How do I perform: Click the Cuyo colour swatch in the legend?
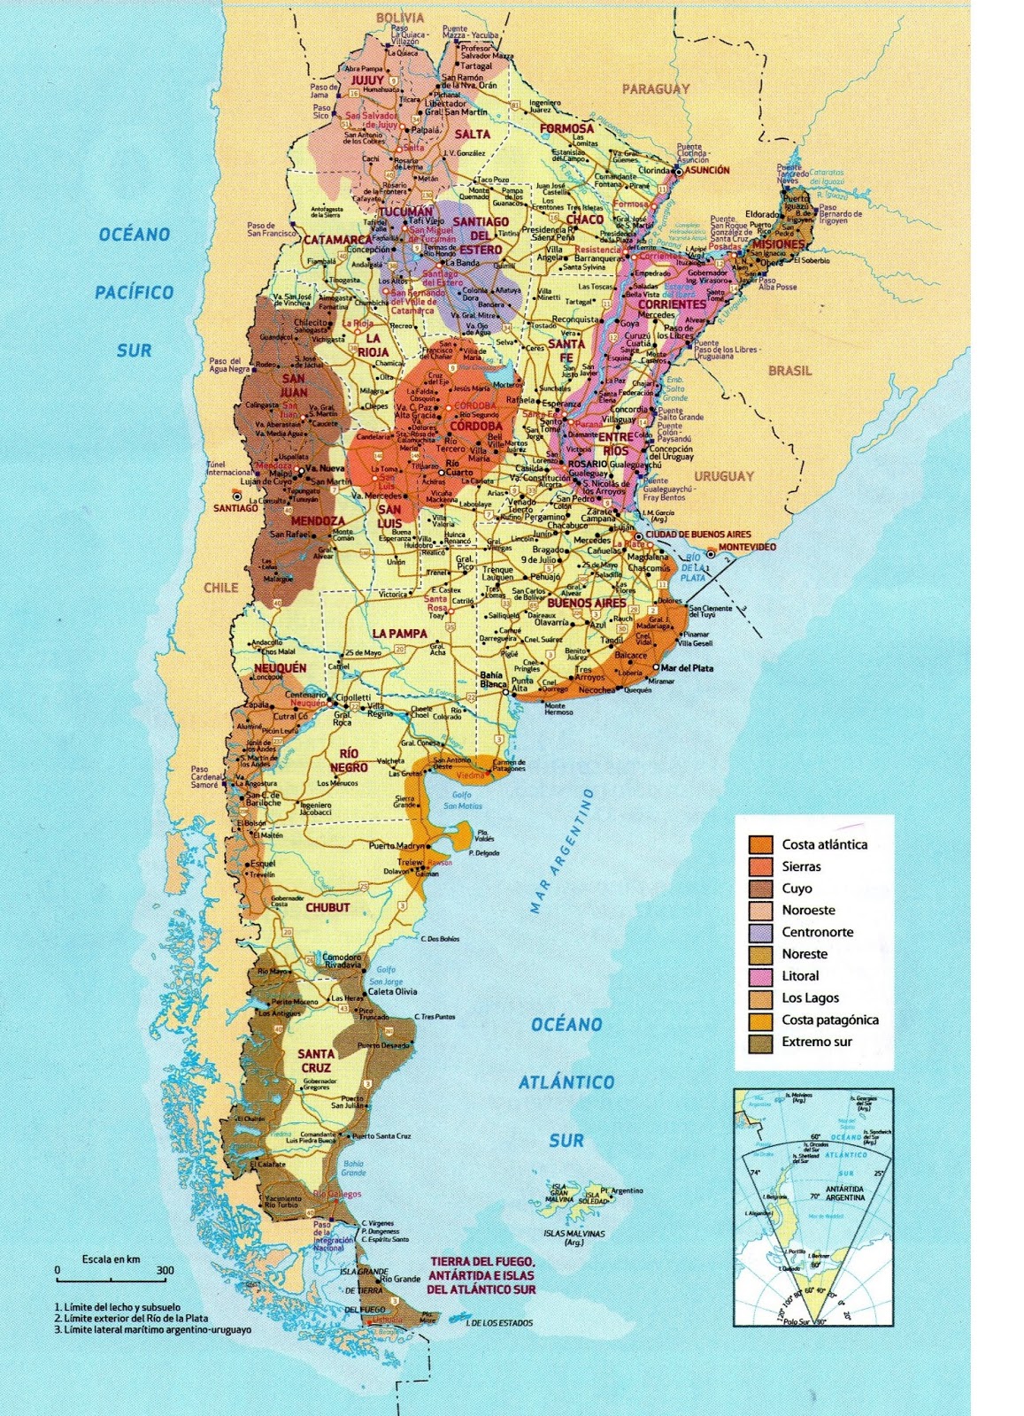(759, 889)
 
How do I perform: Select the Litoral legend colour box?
(759, 976)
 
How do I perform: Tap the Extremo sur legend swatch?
(759, 1042)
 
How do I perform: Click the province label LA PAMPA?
(399, 634)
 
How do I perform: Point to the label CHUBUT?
(327, 907)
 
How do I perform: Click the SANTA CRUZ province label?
(316, 1060)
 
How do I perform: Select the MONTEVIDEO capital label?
(747, 547)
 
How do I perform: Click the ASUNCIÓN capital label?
(708, 170)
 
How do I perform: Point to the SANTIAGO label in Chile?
(235, 508)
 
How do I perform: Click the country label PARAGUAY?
(655, 88)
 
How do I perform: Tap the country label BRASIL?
(789, 371)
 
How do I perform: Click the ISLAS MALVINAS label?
(574, 1233)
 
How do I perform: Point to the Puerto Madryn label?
(397, 846)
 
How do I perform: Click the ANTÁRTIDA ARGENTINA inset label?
(845, 1192)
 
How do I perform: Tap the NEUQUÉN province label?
(281, 667)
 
